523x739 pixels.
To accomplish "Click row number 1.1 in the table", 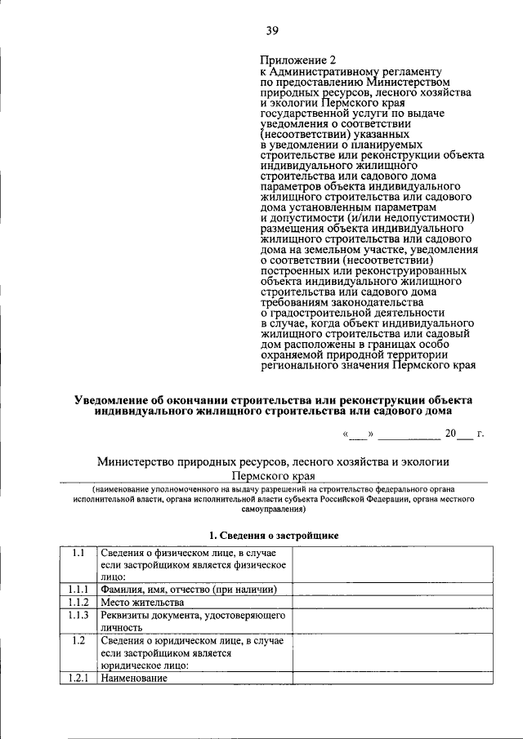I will click(x=78, y=553).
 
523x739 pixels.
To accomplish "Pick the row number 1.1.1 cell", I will click(x=78, y=590).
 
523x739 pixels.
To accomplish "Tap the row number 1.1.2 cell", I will click(x=78, y=603).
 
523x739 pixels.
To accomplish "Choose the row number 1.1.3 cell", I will click(x=78, y=615).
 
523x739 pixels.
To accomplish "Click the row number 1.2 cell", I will click(x=78, y=640).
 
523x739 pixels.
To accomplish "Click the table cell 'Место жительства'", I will click(x=137, y=603).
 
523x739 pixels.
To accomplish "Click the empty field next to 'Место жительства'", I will click(x=382, y=603).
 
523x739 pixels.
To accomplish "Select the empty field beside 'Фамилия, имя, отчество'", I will click(x=382, y=590).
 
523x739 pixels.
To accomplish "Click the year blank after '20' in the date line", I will click(x=465, y=434).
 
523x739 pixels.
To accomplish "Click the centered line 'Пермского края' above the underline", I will click(x=273, y=474).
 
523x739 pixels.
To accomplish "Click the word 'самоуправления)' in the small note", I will click(x=273, y=509).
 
